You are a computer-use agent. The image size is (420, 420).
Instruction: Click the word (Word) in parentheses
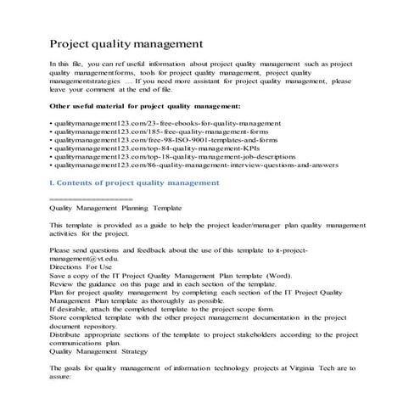[x=274, y=277]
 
